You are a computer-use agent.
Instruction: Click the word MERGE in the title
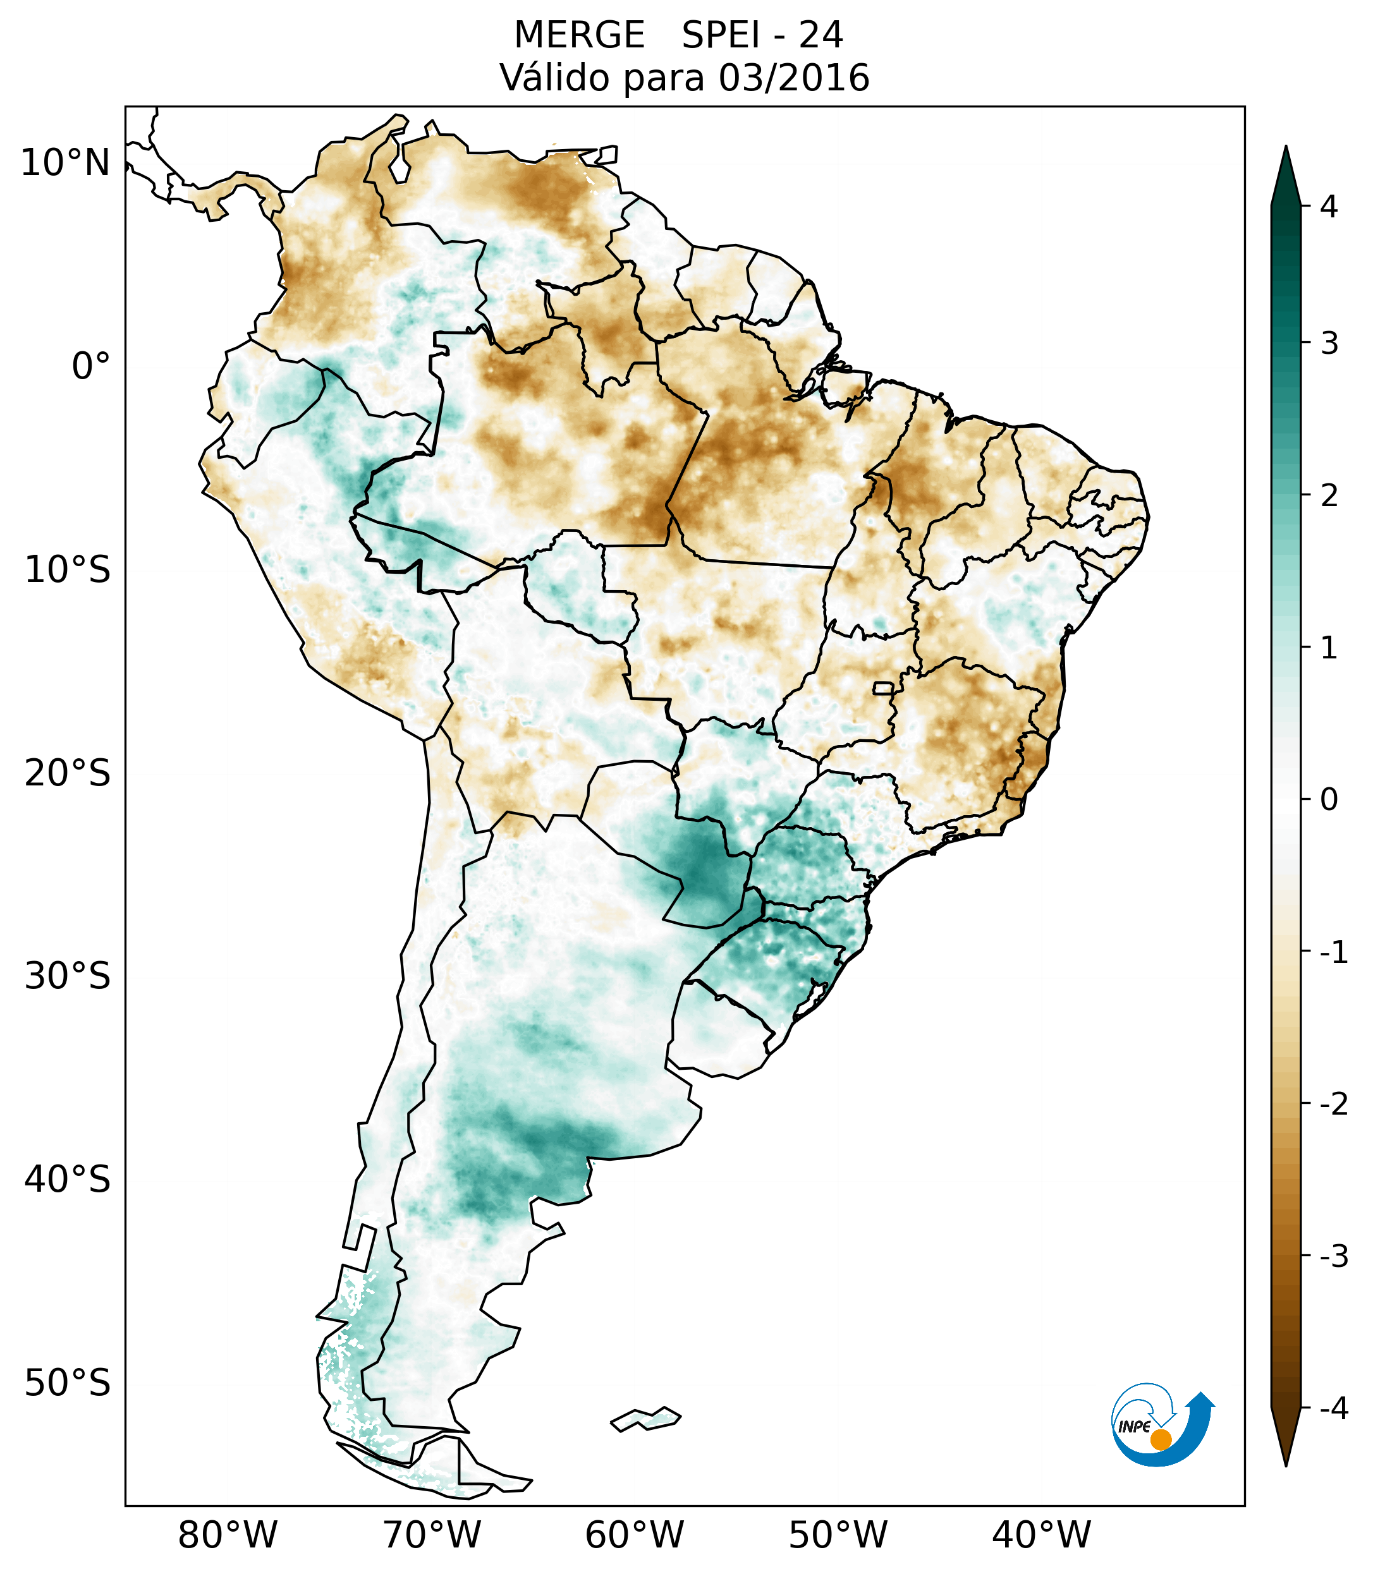(x=579, y=35)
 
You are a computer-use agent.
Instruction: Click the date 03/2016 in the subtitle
(x=793, y=78)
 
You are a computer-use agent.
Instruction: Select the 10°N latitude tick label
(x=66, y=163)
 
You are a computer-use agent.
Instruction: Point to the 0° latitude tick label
(x=91, y=366)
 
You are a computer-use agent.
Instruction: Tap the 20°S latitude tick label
(x=68, y=773)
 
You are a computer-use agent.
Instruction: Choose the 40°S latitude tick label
(x=68, y=1180)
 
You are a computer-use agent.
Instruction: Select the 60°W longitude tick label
(x=634, y=1535)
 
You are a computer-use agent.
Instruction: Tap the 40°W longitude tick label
(x=1042, y=1535)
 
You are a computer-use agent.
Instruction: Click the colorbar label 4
(x=1329, y=207)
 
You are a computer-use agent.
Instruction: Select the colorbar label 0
(x=1329, y=800)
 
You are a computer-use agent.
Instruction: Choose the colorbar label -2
(x=1333, y=1105)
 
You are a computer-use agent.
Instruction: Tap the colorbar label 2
(x=1329, y=496)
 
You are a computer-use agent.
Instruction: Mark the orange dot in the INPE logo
(x=1160, y=1439)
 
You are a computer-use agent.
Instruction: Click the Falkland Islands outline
(x=645, y=1419)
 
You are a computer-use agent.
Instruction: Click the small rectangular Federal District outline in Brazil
(x=884, y=687)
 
